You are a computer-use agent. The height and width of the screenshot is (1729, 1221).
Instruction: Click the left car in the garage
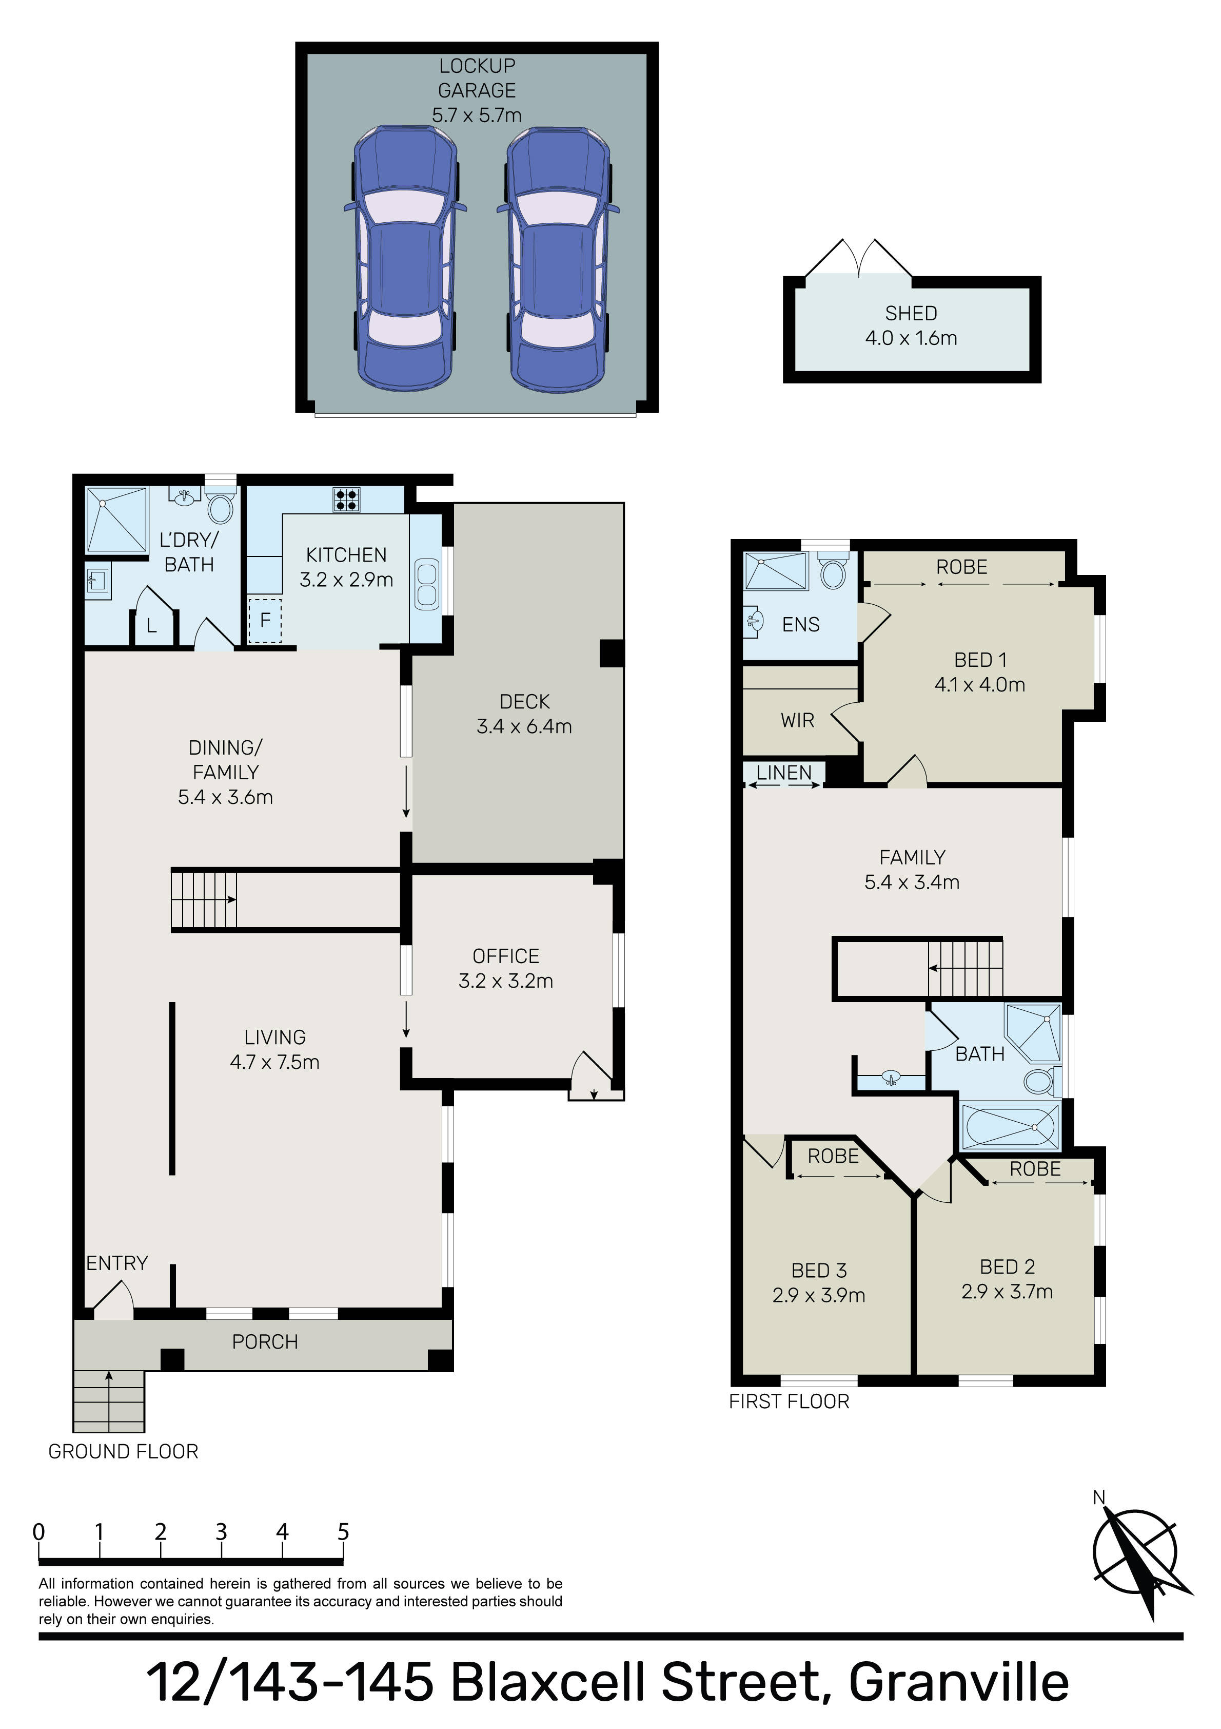[405, 260]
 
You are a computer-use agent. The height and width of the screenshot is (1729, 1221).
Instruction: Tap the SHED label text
[911, 313]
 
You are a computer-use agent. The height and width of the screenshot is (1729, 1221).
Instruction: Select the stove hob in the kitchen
[347, 500]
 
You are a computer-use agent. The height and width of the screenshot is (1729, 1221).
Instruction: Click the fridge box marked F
[265, 621]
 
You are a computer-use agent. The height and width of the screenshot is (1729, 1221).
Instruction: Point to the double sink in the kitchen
[426, 583]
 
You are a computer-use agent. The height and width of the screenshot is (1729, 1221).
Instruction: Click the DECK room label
[525, 702]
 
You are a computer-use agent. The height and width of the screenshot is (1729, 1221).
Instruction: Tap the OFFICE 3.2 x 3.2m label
[506, 968]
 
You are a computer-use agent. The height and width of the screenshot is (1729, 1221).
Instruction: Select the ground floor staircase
[204, 900]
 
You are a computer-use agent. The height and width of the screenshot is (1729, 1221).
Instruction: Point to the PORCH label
[265, 1342]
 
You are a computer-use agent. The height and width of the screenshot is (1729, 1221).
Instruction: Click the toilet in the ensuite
[833, 571]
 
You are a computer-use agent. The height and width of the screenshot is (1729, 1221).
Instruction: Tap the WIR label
[797, 721]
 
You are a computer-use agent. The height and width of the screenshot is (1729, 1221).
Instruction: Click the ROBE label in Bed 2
[1035, 1169]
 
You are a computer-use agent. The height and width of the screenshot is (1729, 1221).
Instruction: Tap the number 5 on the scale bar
[343, 1532]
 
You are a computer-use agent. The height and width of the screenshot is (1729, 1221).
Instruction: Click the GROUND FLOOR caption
[124, 1452]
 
